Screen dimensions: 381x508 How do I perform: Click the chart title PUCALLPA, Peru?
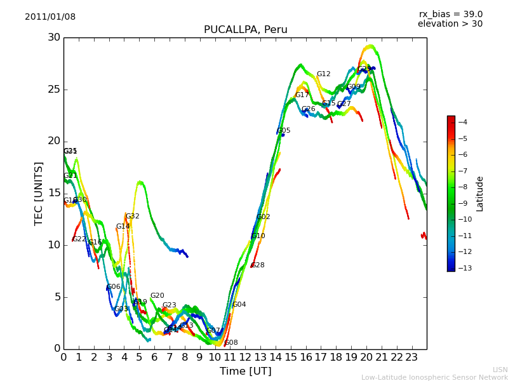[245, 30]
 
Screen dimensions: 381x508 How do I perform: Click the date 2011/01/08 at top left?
[50, 17]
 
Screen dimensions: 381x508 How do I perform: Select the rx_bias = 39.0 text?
[450, 14]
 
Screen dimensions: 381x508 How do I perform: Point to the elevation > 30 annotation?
[450, 24]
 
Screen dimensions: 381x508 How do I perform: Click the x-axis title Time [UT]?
[245, 371]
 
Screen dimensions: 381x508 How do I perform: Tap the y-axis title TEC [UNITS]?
[39, 193]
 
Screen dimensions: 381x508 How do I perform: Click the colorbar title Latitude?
[480, 194]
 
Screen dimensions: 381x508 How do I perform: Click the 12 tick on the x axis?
[245, 357]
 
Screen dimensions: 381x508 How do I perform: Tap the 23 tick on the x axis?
[411, 357]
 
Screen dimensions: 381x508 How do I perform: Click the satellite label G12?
[323, 74]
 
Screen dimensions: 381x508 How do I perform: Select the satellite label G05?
[283, 131]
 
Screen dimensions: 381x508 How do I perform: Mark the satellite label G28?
[258, 265]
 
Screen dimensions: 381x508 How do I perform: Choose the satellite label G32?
[132, 217]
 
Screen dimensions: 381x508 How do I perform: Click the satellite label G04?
[239, 305]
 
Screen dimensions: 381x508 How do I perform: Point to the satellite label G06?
[113, 287]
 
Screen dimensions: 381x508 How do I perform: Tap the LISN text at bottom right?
[500, 370]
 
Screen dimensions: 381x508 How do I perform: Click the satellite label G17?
[302, 95]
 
